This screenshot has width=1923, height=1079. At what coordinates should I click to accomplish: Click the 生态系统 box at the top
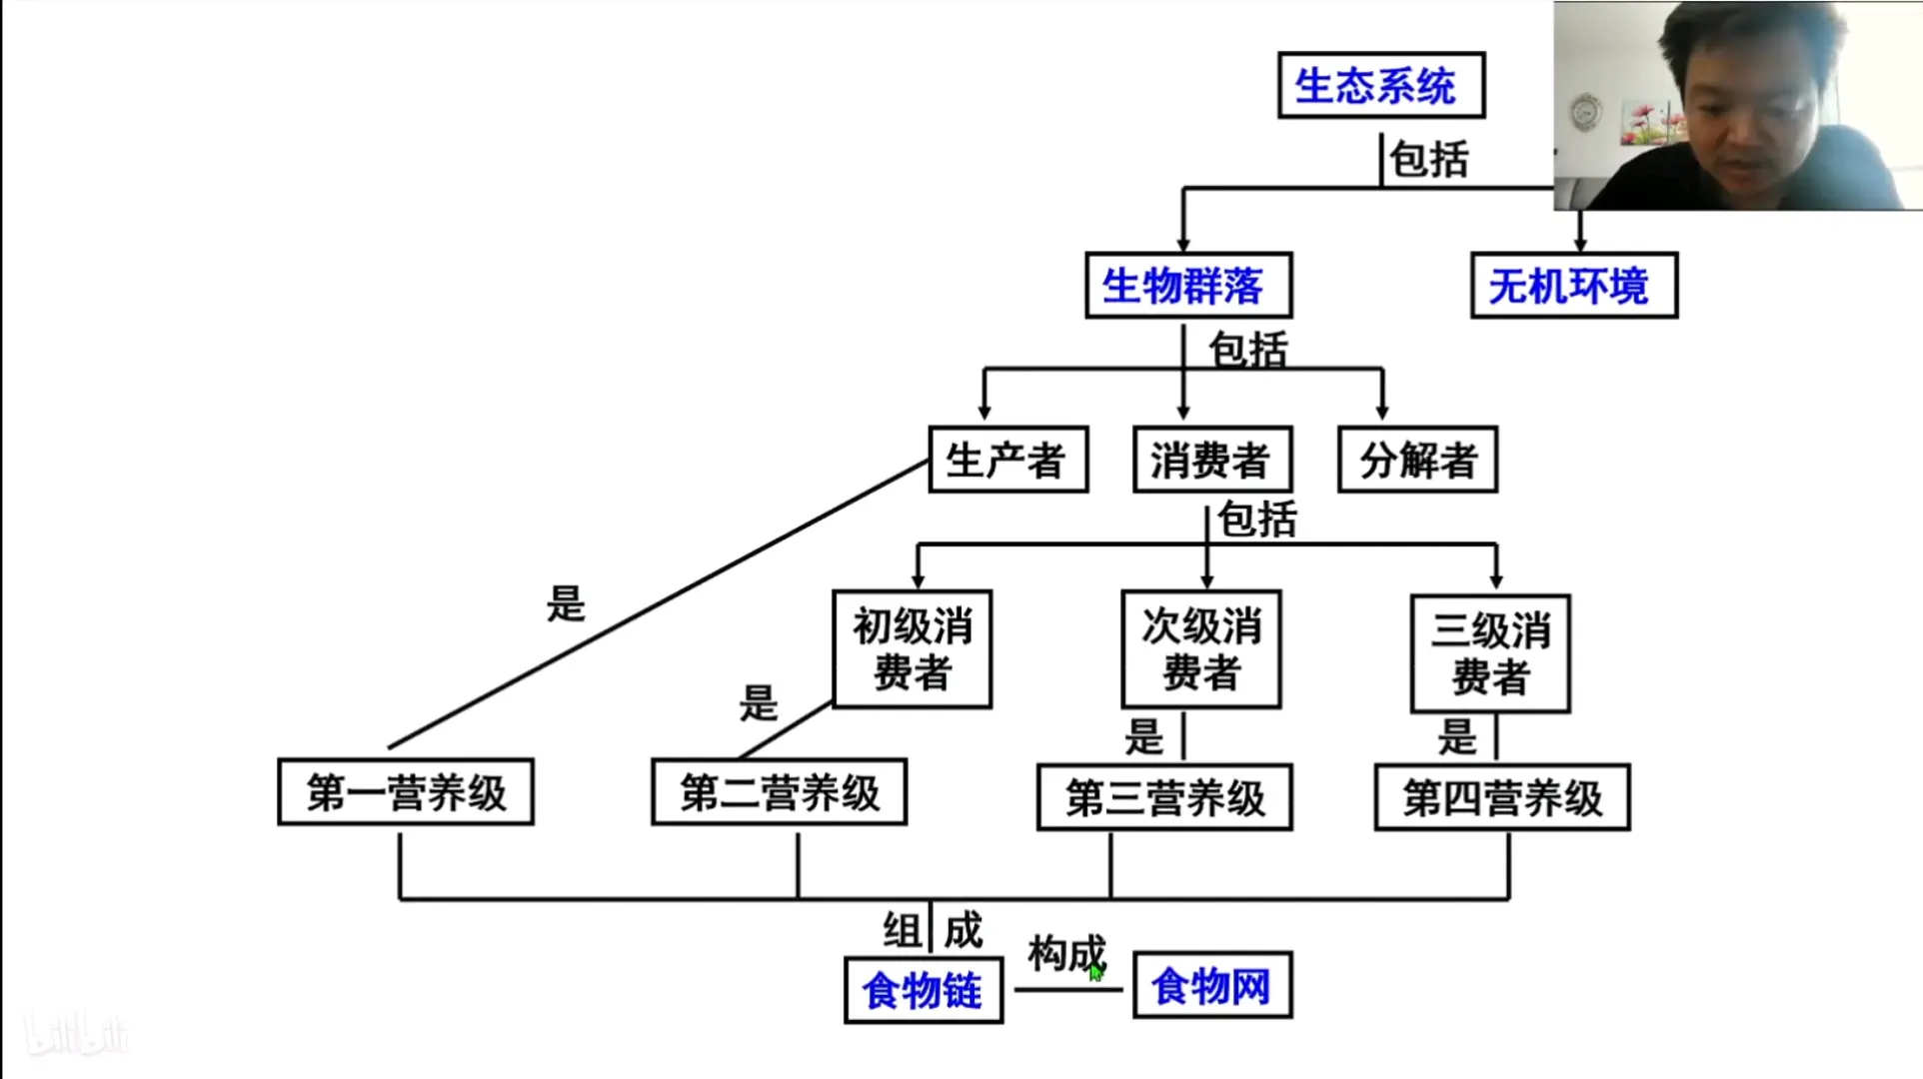pos(1380,86)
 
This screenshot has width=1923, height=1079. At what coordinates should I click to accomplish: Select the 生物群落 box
pos(1188,286)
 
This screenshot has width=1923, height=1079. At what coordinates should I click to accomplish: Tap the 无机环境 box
pos(1573,286)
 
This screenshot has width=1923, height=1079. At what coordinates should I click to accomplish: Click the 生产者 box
pos(1007,461)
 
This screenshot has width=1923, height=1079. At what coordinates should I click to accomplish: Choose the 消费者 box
pos(1212,461)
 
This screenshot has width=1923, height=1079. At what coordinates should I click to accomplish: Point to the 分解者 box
pos(1417,461)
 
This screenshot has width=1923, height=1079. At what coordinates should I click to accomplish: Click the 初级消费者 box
pos(912,649)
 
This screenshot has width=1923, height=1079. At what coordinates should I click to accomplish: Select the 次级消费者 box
pos(1200,649)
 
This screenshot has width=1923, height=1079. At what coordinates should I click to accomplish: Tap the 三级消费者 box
pos(1489,653)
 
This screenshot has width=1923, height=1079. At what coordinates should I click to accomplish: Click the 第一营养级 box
pos(406,792)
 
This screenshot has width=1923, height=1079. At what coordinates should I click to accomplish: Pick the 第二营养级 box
pos(779,792)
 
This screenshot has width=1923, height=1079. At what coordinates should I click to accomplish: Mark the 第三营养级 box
pos(1164,797)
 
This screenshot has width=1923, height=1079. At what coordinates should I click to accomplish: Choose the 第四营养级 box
pos(1502,797)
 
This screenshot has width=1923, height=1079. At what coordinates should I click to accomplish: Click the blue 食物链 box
pos(924,990)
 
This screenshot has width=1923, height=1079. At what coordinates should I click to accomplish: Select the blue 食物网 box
pos(1212,986)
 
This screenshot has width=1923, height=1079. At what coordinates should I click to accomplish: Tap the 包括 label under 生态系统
pos(1429,160)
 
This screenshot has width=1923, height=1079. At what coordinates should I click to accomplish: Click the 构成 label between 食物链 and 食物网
pos(1065,953)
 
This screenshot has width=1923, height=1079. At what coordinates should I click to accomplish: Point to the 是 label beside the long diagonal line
pos(566,603)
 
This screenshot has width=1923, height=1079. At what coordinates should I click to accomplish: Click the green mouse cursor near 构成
pos(1095,972)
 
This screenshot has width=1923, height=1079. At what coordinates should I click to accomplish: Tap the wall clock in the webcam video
pos(1585,112)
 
